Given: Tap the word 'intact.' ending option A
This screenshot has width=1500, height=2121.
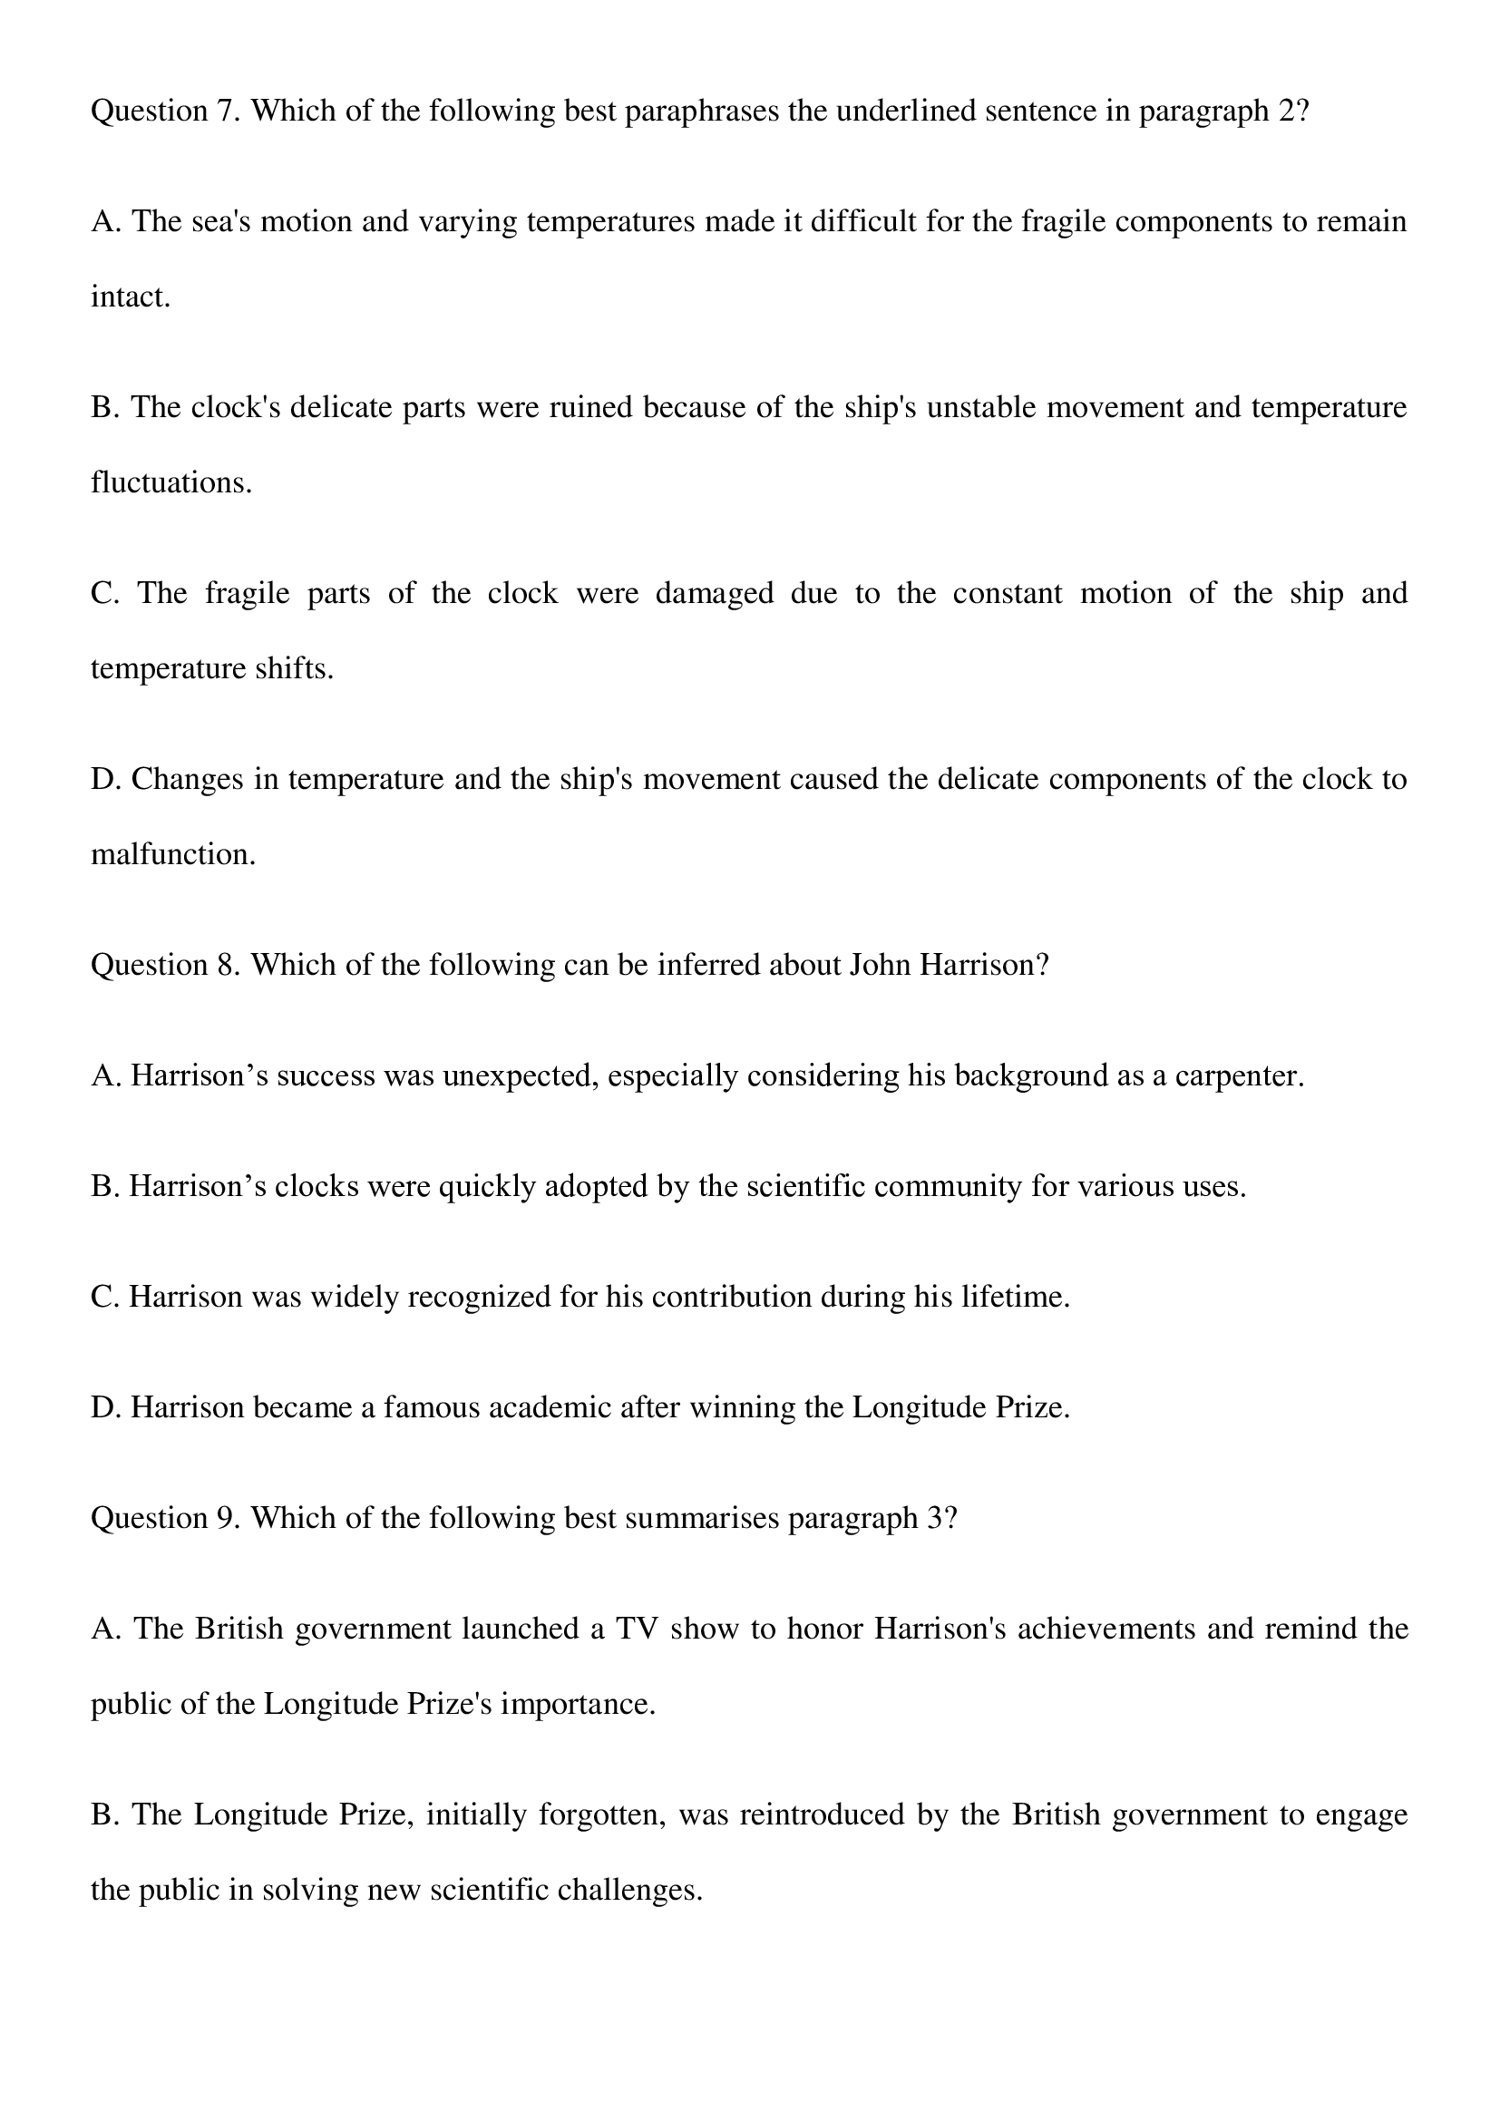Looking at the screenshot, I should pyautogui.click(x=131, y=297).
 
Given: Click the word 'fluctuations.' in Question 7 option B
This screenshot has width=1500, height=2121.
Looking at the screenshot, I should pyautogui.click(x=170, y=482).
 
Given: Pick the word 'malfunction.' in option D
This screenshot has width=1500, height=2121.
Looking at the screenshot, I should pyautogui.click(x=172, y=853).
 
